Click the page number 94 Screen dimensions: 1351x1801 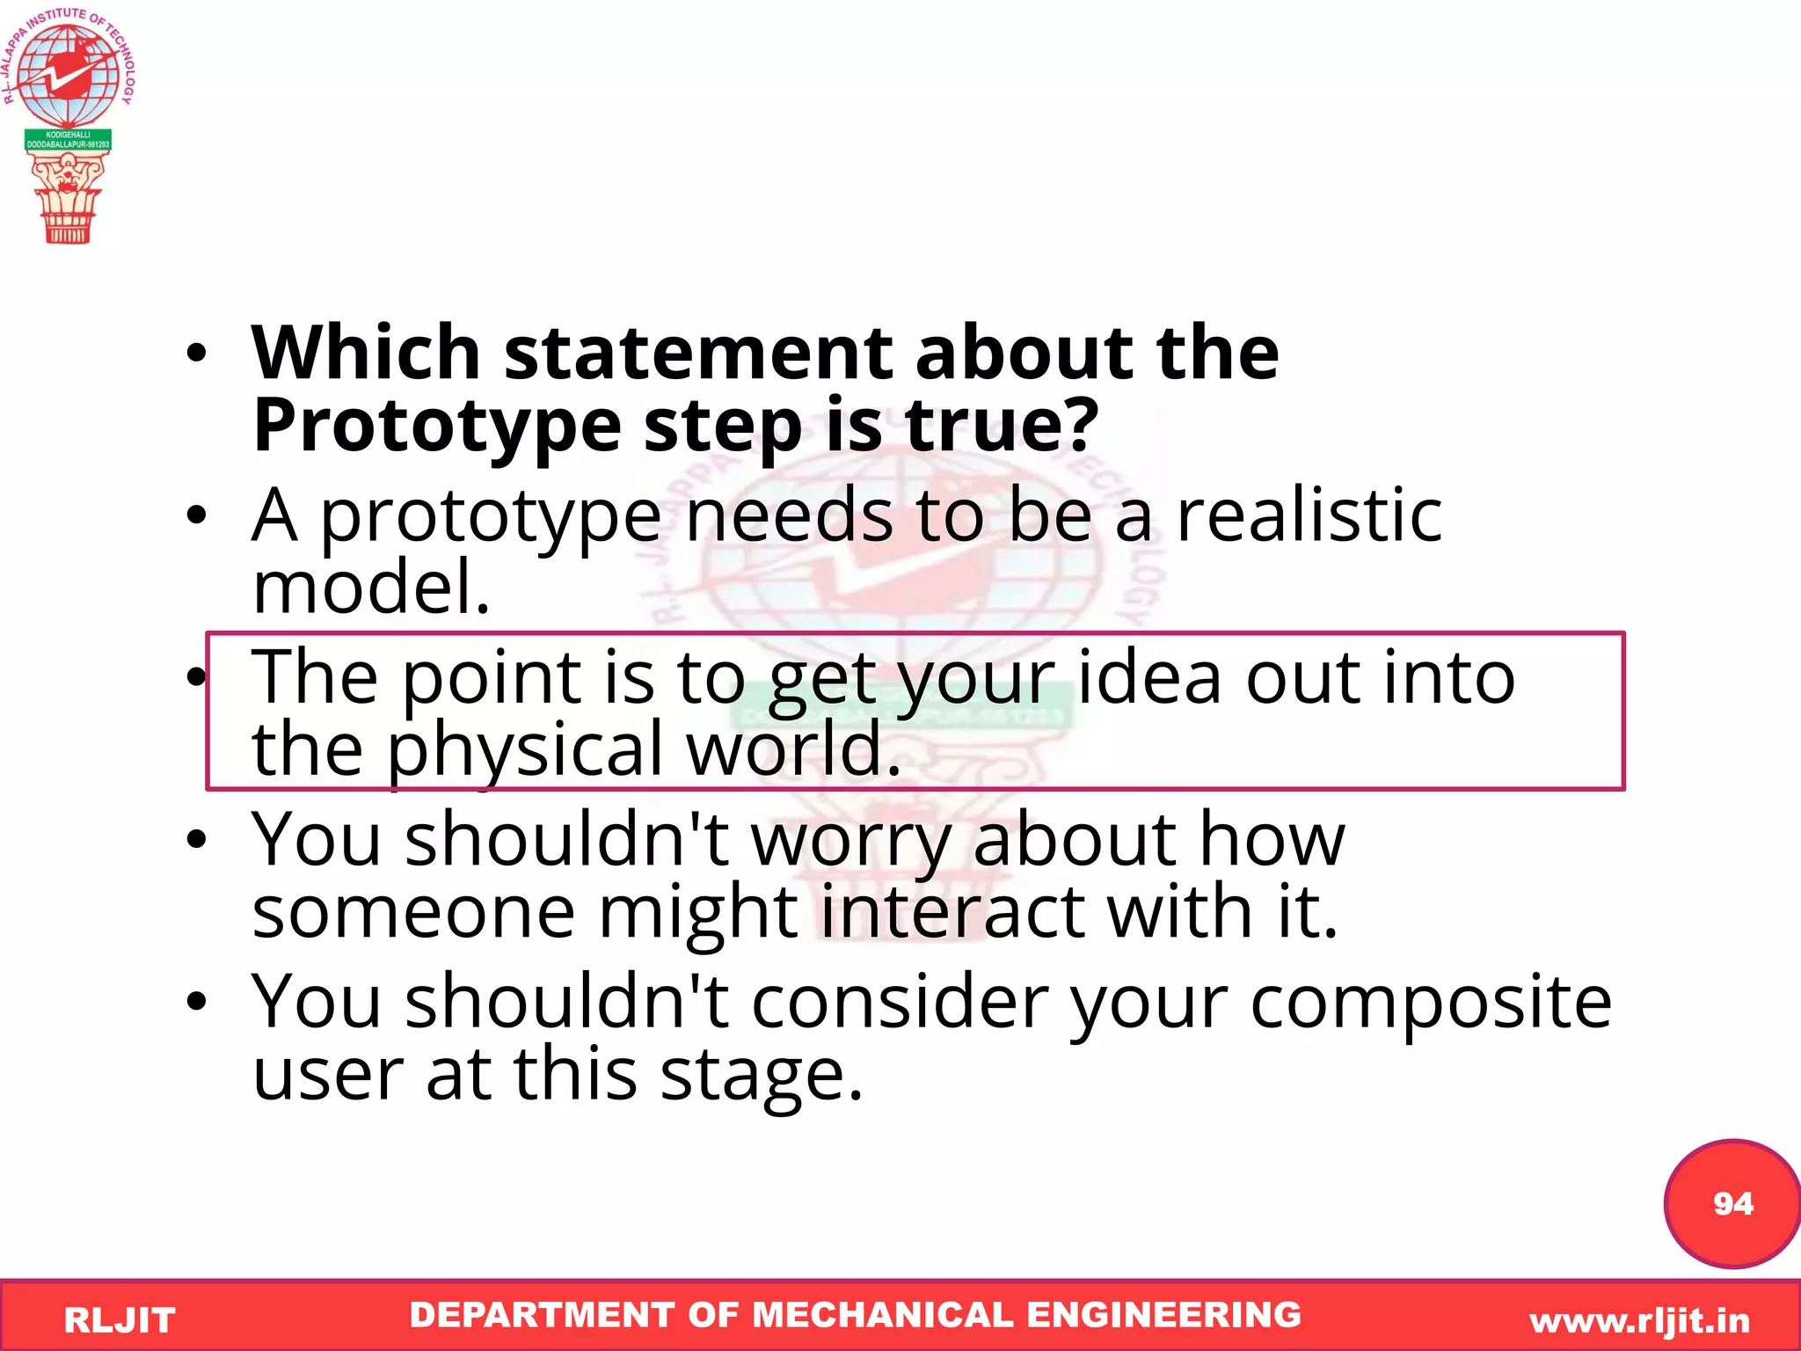(x=1732, y=1203)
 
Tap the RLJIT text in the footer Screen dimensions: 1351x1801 (x=120, y=1320)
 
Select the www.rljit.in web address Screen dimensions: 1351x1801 (x=1639, y=1320)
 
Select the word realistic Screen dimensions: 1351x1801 (x=1309, y=516)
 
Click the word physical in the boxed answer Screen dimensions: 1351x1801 (x=525, y=749)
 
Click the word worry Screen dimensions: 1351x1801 (x=850, y=840)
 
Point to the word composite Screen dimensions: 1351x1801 (x=1431, y=1003)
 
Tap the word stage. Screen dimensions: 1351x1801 (x=761, y=1075)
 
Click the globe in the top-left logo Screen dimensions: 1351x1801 (x=68, y=75)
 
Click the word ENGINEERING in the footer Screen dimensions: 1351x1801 (x=1163, y=1315)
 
